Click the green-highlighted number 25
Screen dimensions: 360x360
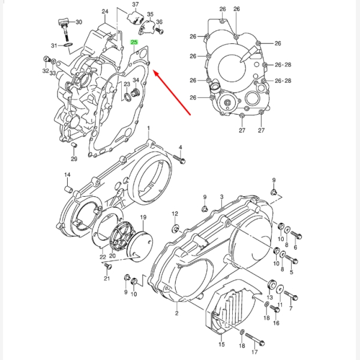[135, 43]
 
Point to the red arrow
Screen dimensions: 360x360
[170, 91]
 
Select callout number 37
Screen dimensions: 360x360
[136, 5]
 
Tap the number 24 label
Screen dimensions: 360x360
[105, 11]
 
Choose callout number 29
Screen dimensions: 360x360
[74, 159]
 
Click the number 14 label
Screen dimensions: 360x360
[67, 175]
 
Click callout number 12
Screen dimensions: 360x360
[175, 214]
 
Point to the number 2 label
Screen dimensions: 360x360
[177, 313]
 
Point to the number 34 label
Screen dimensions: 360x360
[136, 80]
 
